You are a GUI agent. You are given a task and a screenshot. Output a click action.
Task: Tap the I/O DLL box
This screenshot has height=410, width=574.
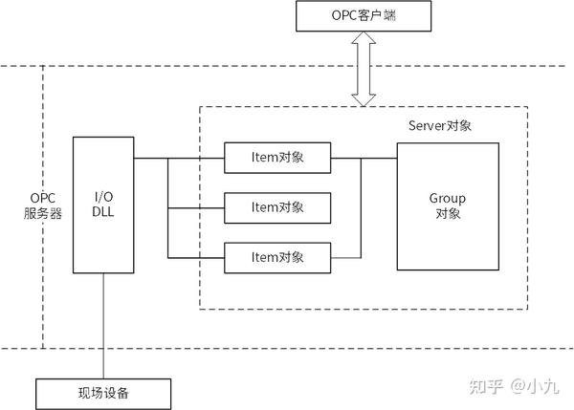pyautogui.click(x=103, y=205)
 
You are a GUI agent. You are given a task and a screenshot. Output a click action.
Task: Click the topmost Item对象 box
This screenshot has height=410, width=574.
pyautogui.click(x=277, y=158)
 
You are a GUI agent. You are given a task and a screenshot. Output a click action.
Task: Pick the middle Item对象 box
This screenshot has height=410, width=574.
pyautogui.click(x=277, y=207)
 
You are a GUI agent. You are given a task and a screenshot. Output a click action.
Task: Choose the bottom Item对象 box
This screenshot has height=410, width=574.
pyautogui.click(x=277, y=257)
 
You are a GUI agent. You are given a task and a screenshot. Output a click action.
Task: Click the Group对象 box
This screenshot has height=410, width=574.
pyautogui.click(x=447, y=206)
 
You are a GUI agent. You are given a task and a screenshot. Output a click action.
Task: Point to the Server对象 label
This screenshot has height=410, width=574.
pyautogui.click(x=440, y=126)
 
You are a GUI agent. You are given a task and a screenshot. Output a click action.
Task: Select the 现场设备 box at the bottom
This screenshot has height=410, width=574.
pyautogui.click(x=104, y=393)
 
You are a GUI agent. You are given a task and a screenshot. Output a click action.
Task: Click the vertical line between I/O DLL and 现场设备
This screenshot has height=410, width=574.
pyautogui.click(x=103, y=325)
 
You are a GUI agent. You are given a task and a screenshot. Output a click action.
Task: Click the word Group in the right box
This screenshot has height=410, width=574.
pyautogui.click(x=447, y=198)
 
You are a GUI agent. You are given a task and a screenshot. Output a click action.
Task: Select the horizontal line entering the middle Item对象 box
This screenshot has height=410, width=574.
pyautogui.click(x=196, y=207)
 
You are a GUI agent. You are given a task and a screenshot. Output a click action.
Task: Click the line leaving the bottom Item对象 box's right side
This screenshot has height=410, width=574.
pyautogui.click(x=345, y=257)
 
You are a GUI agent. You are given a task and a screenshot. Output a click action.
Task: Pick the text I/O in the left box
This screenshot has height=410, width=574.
pyautogui.click(x=103, y=196)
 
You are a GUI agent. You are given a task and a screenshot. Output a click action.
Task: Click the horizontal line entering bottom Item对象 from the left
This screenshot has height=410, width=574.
pyautogui.click(x=196, y=257)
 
